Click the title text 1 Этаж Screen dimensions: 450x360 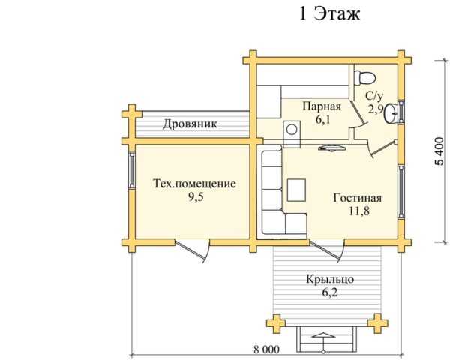[329, 13]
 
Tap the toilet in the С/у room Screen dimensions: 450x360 [364, 77]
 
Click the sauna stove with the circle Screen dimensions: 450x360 [292, 130]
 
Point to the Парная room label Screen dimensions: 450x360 [322, 106]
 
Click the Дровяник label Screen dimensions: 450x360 [190, 124]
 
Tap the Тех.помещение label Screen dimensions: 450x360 [194, 184]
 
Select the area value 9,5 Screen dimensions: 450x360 [196, 197]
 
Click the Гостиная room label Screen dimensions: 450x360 [358, 198]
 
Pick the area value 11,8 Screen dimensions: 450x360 [359, 211]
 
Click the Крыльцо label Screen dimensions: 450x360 [330, 279]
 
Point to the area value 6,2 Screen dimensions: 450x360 [329, 292]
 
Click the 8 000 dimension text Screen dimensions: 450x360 [266, 349]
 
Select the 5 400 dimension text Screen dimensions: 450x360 [439, 151]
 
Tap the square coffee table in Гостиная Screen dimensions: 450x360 [297, 190]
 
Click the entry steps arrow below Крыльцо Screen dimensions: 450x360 [323, 342]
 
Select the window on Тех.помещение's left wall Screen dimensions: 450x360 [132, 169]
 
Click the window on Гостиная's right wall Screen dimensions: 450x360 [401, 192]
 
